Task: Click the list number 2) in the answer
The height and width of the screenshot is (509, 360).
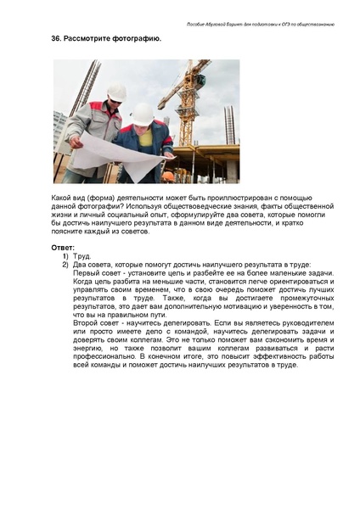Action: click(x=65, y=265)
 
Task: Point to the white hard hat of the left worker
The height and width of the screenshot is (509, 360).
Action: click(x=116, y=92)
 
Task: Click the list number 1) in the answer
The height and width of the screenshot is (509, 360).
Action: click(x=65, y=255)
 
